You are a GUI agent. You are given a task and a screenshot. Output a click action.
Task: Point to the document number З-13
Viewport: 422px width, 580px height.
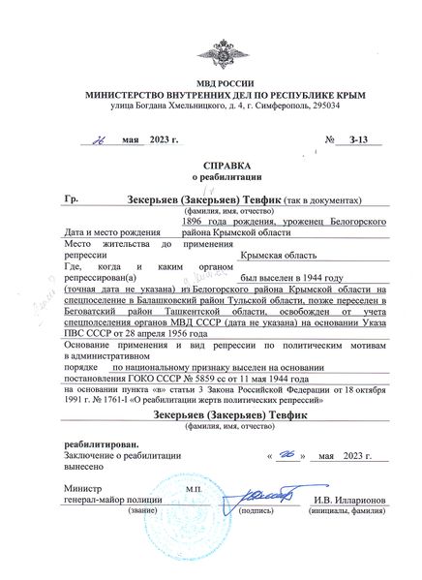357,141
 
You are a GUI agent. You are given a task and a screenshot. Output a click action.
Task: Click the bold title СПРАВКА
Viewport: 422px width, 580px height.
211,166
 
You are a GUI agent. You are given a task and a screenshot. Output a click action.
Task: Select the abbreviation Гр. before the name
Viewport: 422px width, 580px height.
71,198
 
